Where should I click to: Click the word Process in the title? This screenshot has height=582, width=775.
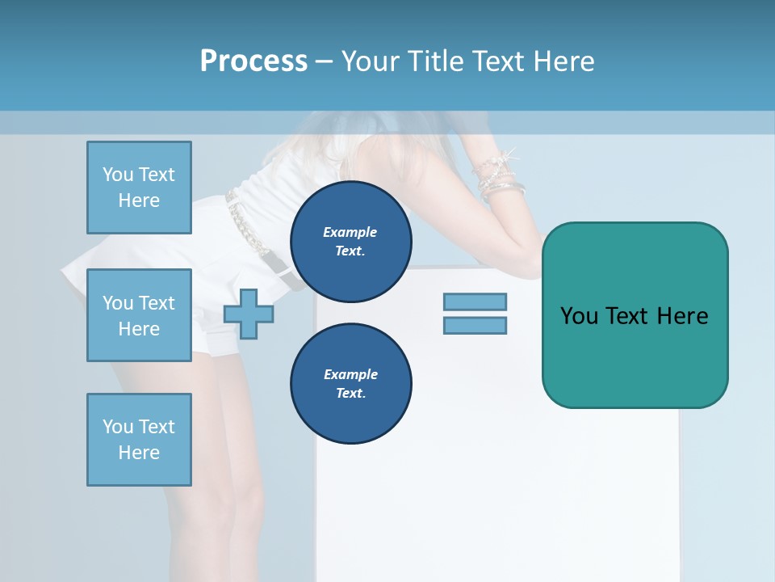(x=253, y=61)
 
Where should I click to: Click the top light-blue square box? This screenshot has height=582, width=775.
(x=139, y=188)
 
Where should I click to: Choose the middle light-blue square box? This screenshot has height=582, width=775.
(x=139, y=315)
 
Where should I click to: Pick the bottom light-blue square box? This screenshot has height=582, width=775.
(x=139, y=439)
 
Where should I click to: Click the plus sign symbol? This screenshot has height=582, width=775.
(x=249, y=314)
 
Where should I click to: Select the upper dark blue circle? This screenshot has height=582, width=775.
(x=350, y=242)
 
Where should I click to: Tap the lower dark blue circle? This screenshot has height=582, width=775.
(x=350, y=383)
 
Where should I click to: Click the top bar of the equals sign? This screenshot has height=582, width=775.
(x=475, y=302)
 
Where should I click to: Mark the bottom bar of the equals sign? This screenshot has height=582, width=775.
(x=475, y=325)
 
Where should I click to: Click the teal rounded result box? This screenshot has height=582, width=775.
(x=635, y=315)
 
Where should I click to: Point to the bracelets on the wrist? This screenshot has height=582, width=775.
(x=499, y=178)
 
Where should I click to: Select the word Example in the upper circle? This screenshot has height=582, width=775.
(x=350, y=232)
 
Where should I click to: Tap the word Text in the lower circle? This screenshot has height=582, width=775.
(x=350, y=393)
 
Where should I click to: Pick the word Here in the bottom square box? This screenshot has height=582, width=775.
(x=139, y=453)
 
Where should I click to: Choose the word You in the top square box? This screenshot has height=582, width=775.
(x=118, y=175)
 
